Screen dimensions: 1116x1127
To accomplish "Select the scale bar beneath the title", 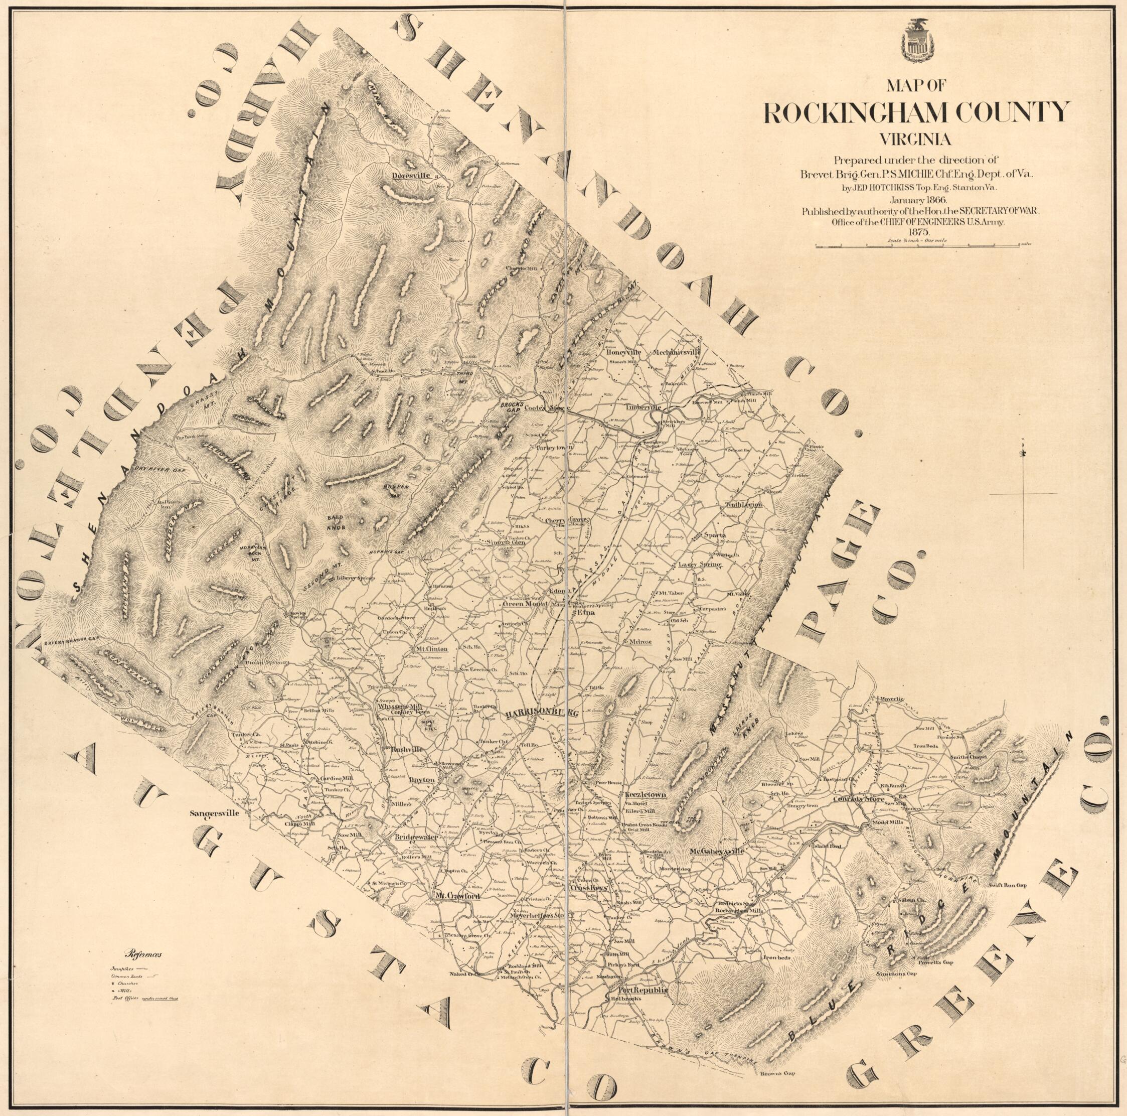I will (x=916, y=246).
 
